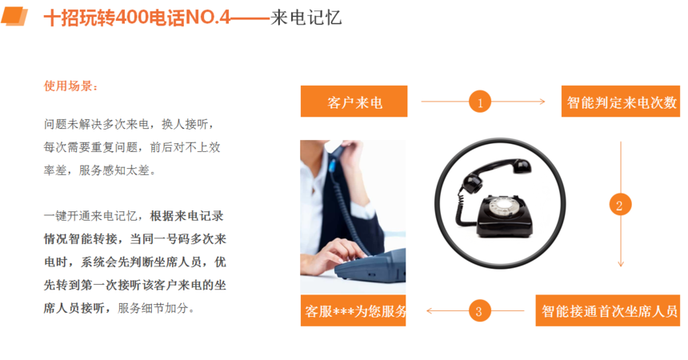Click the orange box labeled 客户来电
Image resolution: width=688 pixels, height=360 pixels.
pyautogui.click(x=354, y=102)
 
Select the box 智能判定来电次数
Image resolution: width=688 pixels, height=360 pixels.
pyautogui.click(x=621, y=102)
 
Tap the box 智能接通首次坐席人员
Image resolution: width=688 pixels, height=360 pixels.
pyautogui.click(x=608, y=310)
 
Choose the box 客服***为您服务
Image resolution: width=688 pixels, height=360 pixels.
pyautogui.click(x=354, y=310)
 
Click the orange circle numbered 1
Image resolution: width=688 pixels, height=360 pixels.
pyautogui.click(x=479, y=102)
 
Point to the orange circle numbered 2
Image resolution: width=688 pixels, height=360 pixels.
pyautogui.click(x=620, y=205)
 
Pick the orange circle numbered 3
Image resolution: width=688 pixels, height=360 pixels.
pyautogui.click(x=479, y=311)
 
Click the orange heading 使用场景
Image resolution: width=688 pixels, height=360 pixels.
pyautogui.click(x=70, y=86)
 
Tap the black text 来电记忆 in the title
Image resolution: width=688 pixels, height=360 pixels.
pyautogui.click(x=306, y=18)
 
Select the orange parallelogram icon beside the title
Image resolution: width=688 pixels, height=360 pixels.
pyautogui.click(x=14, y=17)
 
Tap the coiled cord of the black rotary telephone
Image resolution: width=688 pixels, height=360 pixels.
pyautogui.click(x=462, y=206)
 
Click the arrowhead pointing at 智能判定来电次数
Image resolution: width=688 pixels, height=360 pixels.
pyautogui.click(x=542, y=102)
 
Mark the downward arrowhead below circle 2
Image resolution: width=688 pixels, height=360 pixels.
pyautogui.click(x=621, y=264)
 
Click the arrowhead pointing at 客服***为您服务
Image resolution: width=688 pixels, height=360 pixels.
pyautogui.click(x=430, y=311)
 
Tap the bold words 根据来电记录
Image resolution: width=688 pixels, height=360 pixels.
pyautogui.click(x=187, y=216)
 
